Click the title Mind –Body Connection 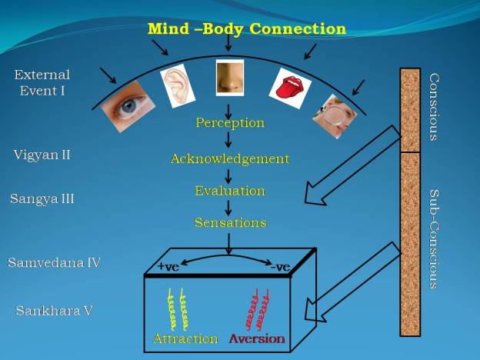click(247, 29)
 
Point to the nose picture click(229, 77)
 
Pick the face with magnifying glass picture click(336, 115)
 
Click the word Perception click(230, 122)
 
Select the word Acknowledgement click(230, 158)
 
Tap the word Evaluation click(230, 190)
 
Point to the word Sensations click(230, 222)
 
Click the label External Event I click(42, 82)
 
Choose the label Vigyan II click(42, 155)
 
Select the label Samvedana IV click(54, 262)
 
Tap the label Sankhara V click(55, 311)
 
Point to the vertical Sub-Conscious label click(434, 239)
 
